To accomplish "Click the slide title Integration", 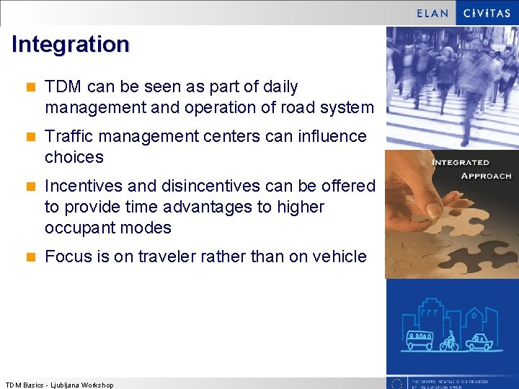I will (70, 45).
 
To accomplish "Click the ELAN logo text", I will (432, 13).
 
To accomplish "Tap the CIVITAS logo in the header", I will (487, 13).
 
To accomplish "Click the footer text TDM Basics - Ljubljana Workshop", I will (59, 385).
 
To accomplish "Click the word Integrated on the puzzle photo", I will (461, 162).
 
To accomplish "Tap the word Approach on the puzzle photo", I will (485, 175).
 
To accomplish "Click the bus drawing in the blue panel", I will (419, 340).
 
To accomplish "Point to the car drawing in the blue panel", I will (478, 341).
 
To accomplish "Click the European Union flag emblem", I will (396, 383).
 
